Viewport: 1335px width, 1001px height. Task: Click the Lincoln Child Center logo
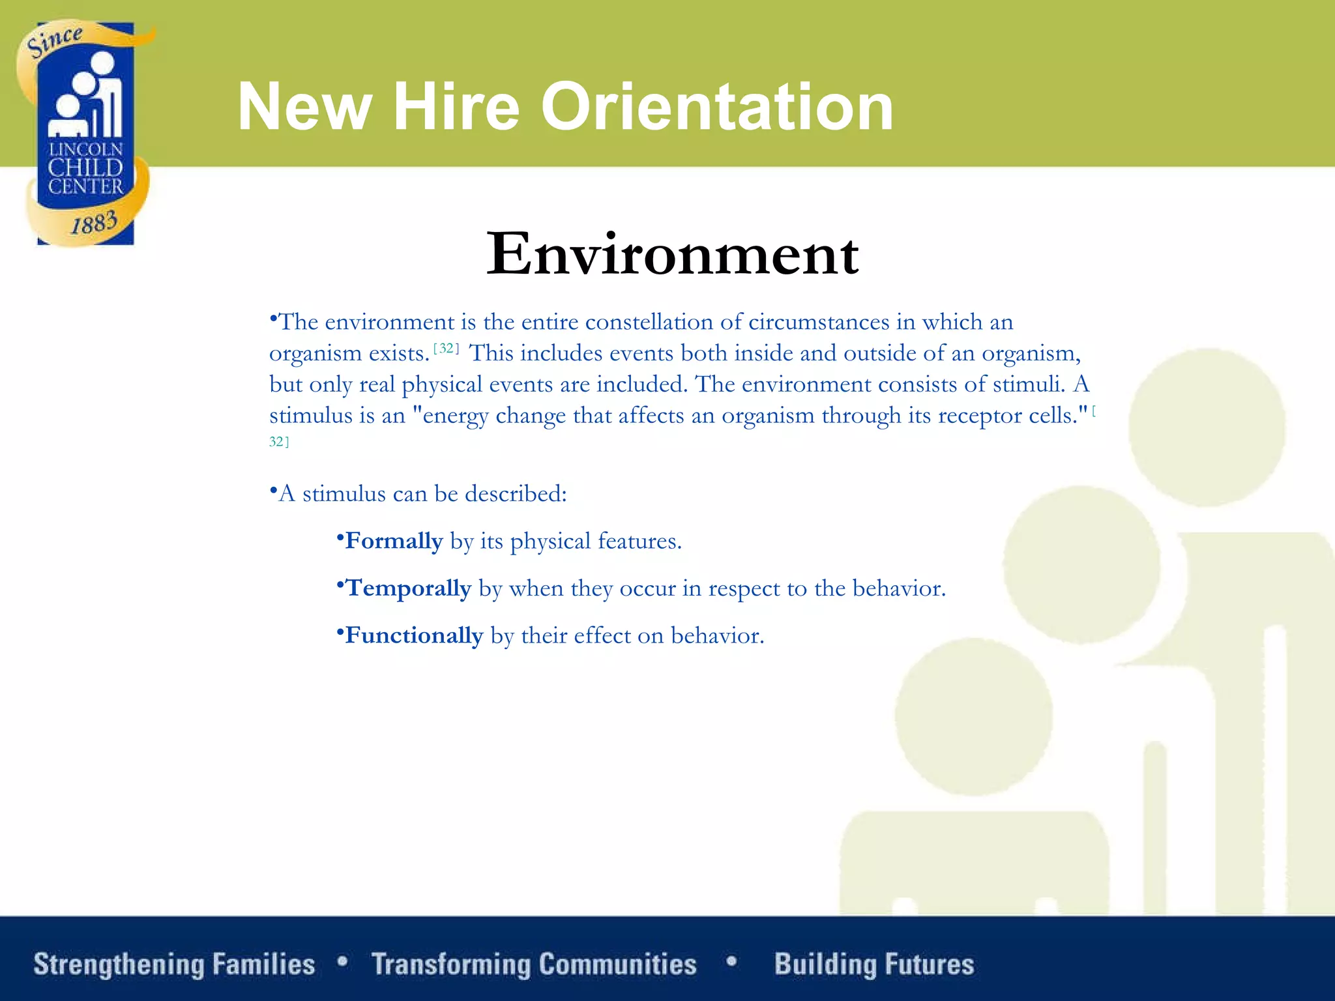pos(85,134)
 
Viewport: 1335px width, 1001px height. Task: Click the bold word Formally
pos(394,541)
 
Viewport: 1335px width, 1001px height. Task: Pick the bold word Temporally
pos(408,588)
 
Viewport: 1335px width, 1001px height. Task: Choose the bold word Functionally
pos(414,635)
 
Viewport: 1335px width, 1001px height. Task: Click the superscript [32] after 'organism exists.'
pos(447,348)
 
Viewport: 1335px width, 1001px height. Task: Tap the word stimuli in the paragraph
pos(1028,384)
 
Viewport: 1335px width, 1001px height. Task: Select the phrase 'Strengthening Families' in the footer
pos(174,965)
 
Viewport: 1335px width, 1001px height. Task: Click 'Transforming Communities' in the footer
pos(534,965)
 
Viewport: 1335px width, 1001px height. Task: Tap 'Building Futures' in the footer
pos(874,965)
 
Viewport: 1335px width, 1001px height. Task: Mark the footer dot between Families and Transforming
pos(343,961)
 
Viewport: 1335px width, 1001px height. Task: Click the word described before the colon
pos(515,494)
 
